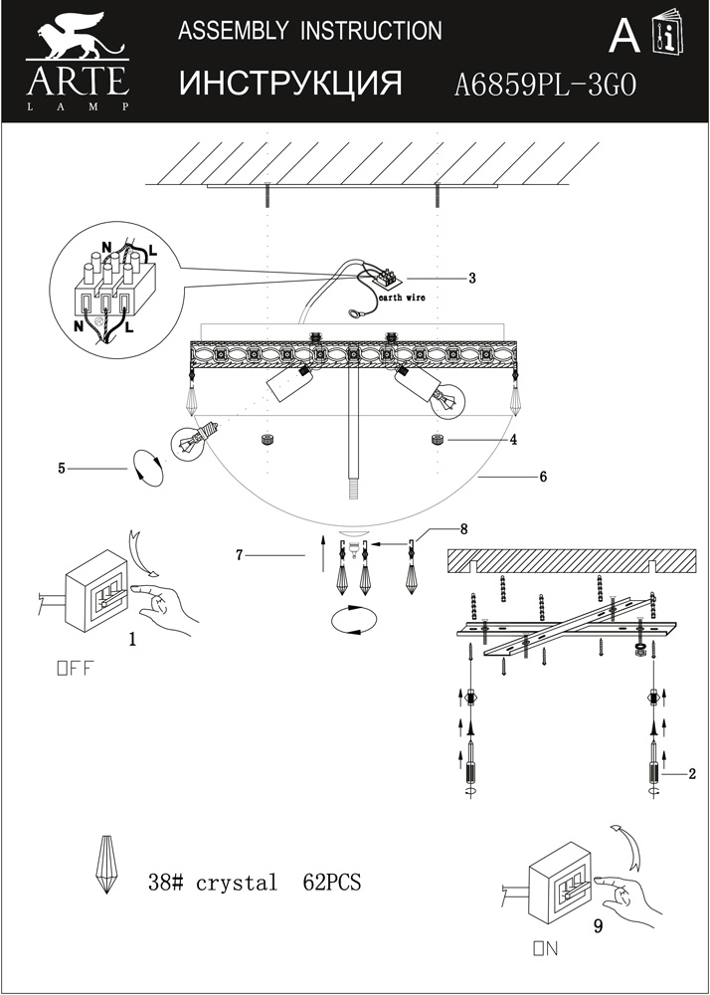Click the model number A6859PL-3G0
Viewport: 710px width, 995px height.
coord(545,85)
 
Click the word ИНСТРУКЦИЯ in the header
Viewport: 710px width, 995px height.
coord(291,84)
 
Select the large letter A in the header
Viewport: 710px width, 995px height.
coord(624,38)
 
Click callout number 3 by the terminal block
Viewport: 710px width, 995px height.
coord(472,278)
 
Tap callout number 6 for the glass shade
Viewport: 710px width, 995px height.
coord(543,477)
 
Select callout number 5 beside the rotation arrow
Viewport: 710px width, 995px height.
coord(62,469)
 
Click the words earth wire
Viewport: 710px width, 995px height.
coord(402,298)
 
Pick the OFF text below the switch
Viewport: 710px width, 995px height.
coord(76,669)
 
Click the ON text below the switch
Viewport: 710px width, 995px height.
coord(546,949)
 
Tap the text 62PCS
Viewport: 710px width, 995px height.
coord(331,882)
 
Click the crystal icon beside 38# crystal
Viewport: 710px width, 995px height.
coord(105,865)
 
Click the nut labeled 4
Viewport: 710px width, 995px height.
coord(437,439)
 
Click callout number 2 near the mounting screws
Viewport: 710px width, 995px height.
coord(692,773)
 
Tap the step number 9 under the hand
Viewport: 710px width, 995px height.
coord(598,926)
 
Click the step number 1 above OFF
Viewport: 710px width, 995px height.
coord(132,640)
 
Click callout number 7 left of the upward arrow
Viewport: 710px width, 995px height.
coord(240,555)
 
